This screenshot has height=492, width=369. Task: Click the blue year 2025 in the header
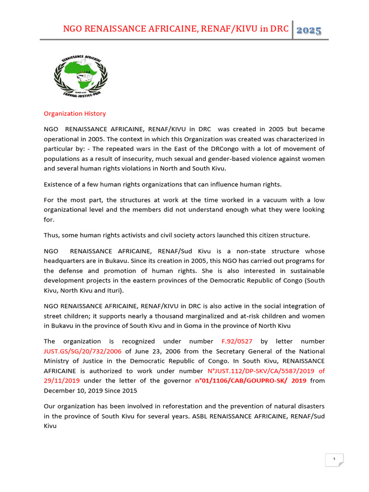(x=309, y=30)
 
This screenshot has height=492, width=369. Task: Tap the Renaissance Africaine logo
(x=80, y=76)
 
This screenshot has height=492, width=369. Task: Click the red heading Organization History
(x=74, y=114)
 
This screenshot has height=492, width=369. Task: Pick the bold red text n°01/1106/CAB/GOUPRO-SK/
(x=243, y=381)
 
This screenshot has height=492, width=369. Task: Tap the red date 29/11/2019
(x=62, y=381)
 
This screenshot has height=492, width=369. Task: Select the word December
(x=60, y=390)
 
